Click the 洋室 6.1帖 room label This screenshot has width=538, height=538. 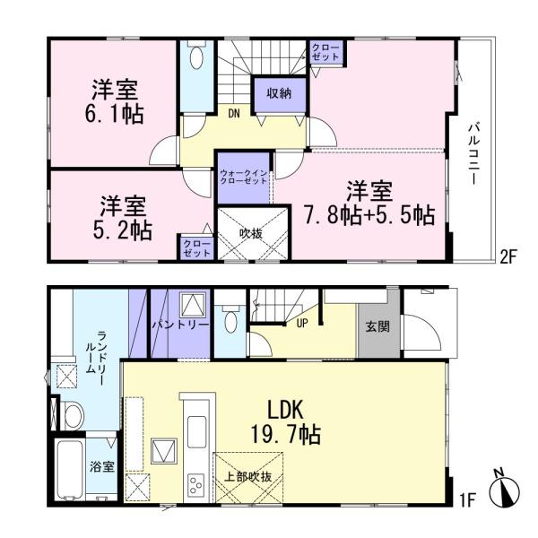click(x=117, y=103)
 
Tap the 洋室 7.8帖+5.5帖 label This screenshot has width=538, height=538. click(x=380, y=204)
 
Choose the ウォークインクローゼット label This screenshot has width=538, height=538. click(x=243, y=176)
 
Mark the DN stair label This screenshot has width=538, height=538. click(x=233, y=113)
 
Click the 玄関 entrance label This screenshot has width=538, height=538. click(x=377, y=327)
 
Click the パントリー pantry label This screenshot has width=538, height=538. click(x=179, y=324)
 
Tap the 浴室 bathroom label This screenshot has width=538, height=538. click(x=100, y=466)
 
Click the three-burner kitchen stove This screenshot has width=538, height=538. click(x=195, y=483)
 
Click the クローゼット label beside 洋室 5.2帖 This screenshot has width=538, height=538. click(x=192, y=247)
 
